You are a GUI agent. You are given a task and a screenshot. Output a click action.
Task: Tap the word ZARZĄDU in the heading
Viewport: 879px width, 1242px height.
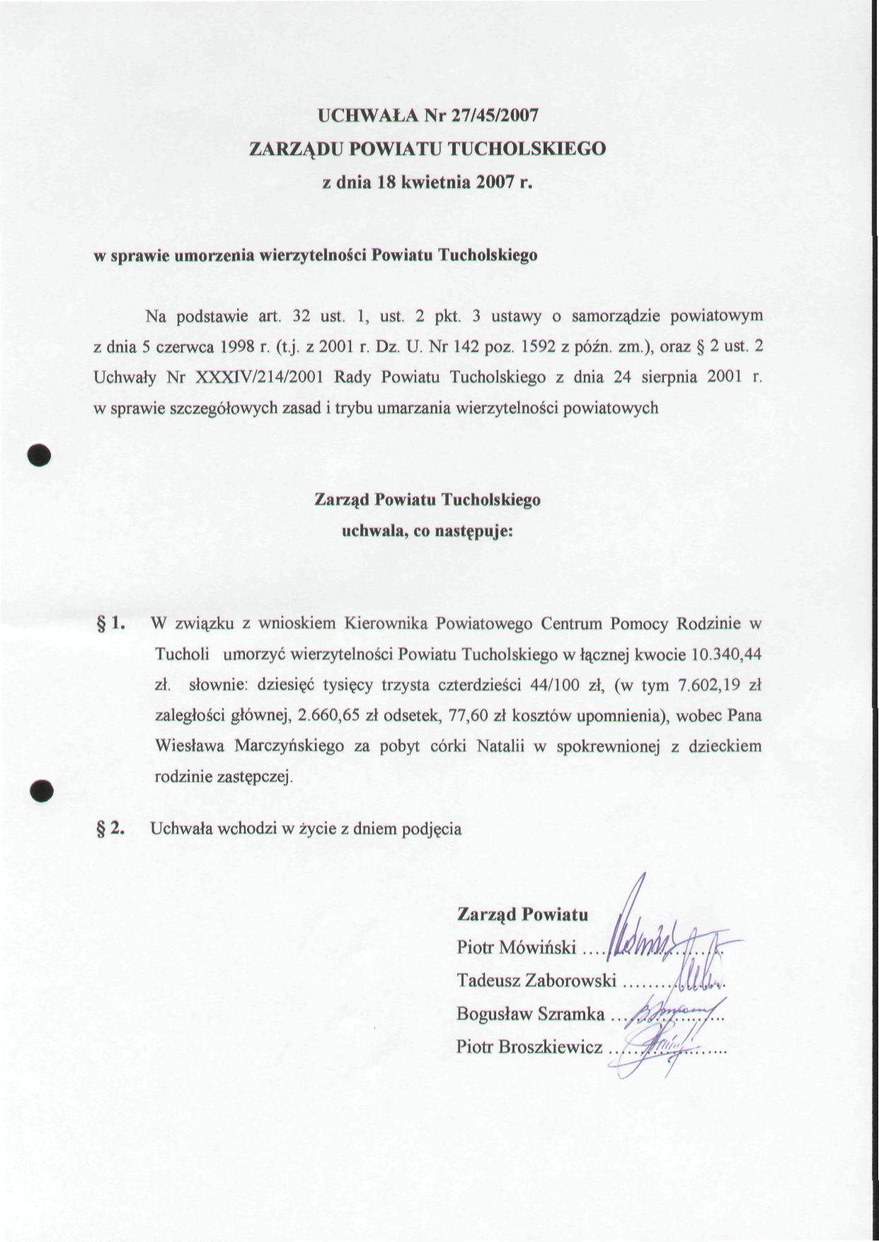[296, 149]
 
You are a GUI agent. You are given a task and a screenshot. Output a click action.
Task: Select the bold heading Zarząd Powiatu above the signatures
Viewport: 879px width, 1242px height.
[522, 914]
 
